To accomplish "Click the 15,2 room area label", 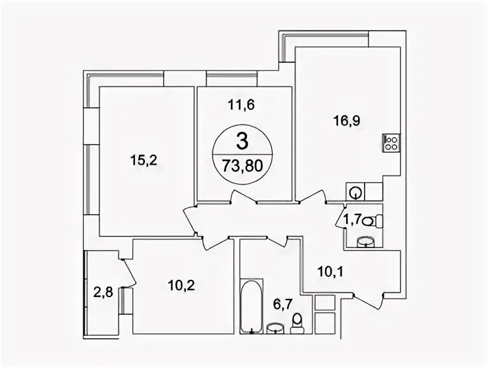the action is click(143, 160).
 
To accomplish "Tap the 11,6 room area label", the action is click(241, 105).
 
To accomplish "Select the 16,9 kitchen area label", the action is click(347, 121).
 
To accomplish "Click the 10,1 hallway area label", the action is click(330, 272).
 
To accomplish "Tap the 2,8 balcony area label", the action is click(103, 293).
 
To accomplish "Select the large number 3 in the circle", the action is click(242, 141).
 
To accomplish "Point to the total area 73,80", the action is click(242, 166).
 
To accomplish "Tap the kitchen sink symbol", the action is click(355, 191).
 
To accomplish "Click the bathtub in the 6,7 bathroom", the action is click(251, 306).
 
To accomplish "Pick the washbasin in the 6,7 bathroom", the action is click(276, 329).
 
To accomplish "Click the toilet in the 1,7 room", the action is click(373, 221).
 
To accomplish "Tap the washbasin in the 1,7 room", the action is click(365, 242).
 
